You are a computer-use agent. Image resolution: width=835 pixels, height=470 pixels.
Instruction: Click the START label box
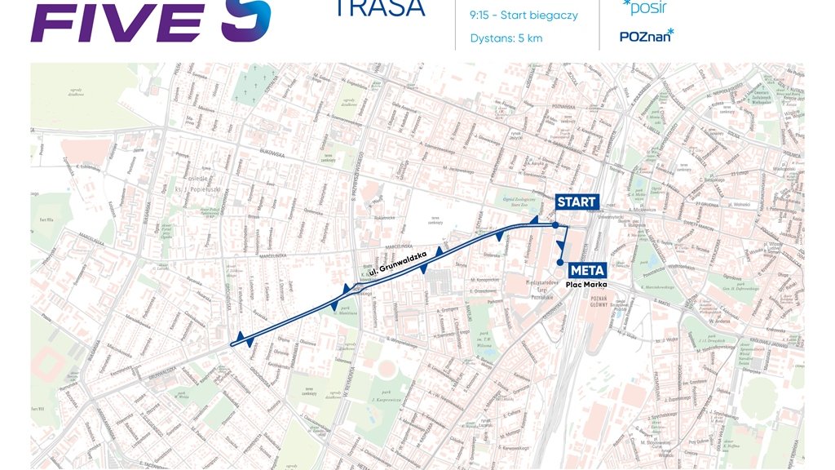pyautogui.click(x=577, y=202)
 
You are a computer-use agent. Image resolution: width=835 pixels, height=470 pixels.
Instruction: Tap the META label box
pyautogui.click(x=586, y=270)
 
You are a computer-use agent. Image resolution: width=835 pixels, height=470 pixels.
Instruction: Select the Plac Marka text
pyautogui.click(x=586, y=285)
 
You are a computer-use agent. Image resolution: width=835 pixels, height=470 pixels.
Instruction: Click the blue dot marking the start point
pyautogui.click(x=554, y=224)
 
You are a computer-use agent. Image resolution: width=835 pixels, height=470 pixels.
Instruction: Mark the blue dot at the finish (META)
pyautogui.click(x=560, y=262)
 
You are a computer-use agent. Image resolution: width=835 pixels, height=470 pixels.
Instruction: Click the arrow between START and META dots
pyautogui.click(x=561, y=244)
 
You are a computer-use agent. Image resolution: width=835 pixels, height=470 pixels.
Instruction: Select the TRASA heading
pyautogui.click(x=379, y=8)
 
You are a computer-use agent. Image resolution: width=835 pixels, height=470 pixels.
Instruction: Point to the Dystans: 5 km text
pyautogui.click(x=506, y=38)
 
